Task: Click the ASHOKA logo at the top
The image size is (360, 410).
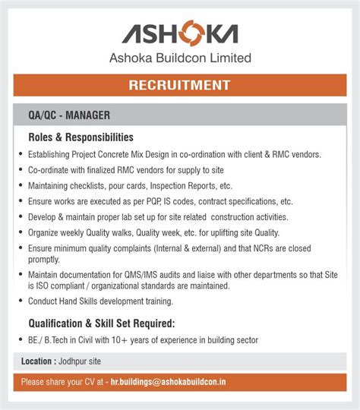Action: pyautogui.click(x=179, y=33)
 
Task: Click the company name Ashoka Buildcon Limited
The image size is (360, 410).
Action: pyautogui.click(x=179, y=58)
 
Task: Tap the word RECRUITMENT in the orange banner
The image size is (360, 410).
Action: pyautogui.click(x=179, y=84)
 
